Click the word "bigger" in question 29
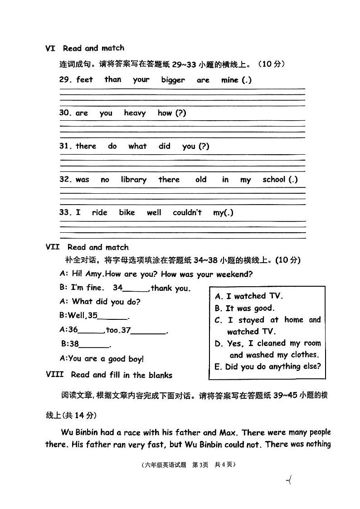pyautogui.click(x=173, y=80)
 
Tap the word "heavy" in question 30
pyautogui.click(x=135, y=113)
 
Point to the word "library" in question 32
pyautogui.click(x=133, y=180)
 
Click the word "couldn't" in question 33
pyautogui.click(x=187, y=212)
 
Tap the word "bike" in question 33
pyautogui.click(x=127, y=212)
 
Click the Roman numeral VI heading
pyautogui.click(x=50, y=48)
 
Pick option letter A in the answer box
pyautogui.click(x=219, y=297)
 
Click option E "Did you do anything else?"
pyautogui.click(x=268, y=367)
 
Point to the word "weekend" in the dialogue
pyautogui.click(x=233, y=274)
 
